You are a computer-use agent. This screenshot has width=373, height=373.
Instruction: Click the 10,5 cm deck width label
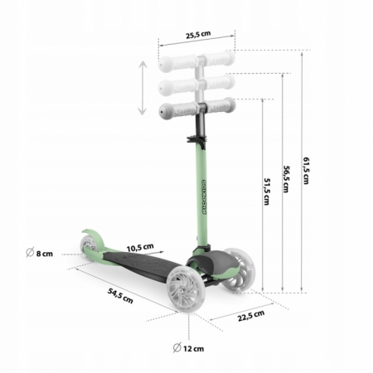click(140, 247)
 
